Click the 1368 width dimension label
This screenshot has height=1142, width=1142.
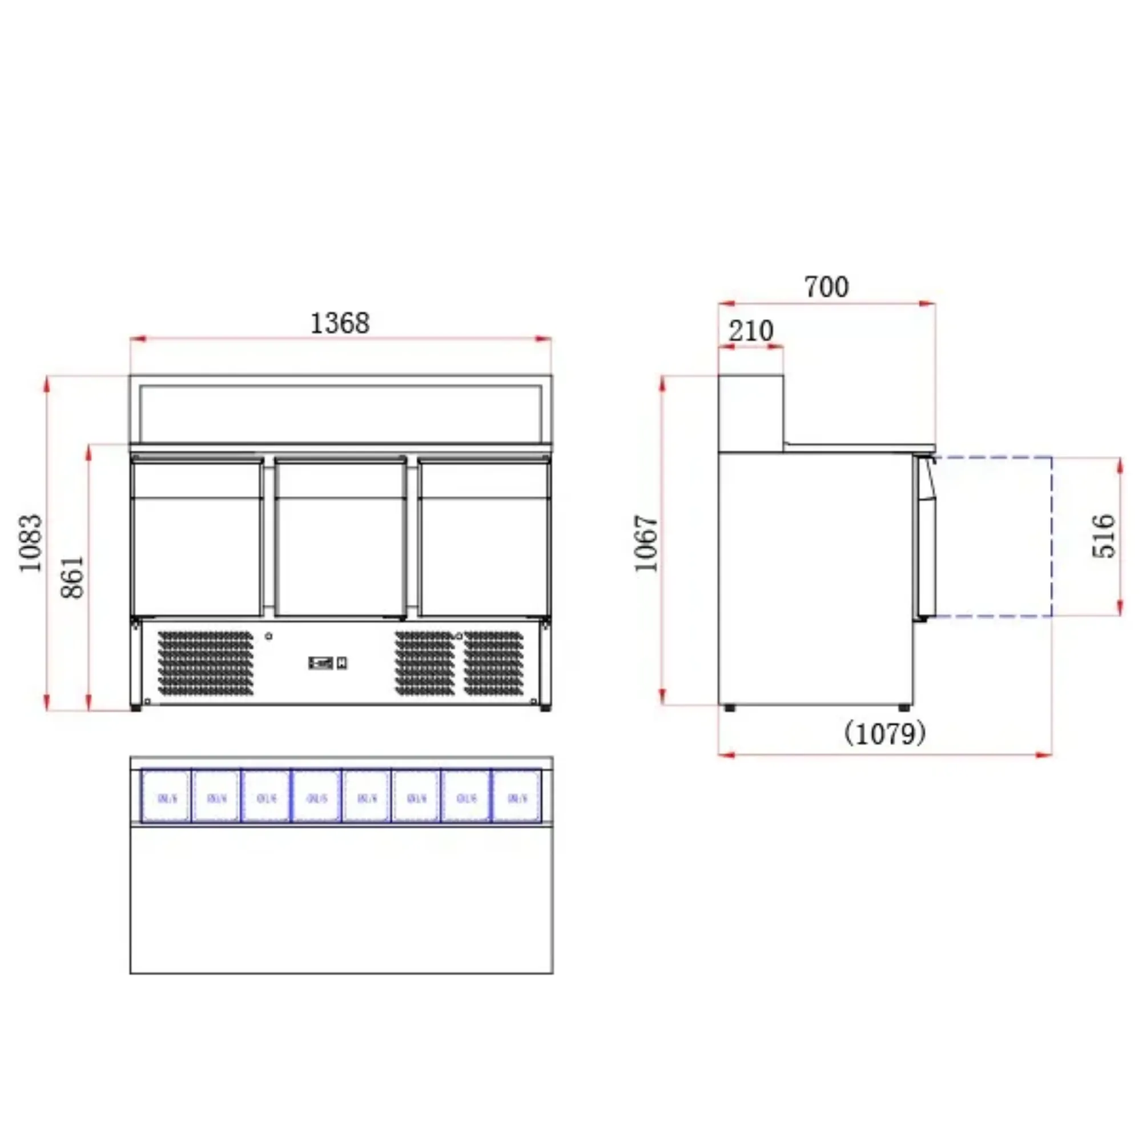click(x=340, y=323)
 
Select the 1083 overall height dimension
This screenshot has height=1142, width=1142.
click(x=31, y=542)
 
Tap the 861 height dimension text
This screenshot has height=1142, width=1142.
click(x=73, y=577)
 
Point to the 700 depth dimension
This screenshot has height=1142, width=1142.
click(x=826, y=287)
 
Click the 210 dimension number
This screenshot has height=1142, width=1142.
click(x=751, y=331)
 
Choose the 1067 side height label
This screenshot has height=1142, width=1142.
click(x=646, y=542)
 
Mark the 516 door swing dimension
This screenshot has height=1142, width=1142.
click(x=1104, y=536)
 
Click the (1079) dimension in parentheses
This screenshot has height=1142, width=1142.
click(x=884, y=734)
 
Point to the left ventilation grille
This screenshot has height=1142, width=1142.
click(x=205, y=662)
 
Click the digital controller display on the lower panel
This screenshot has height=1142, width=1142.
click(x=321, y=663)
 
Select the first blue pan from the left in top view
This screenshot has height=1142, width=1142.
click(x=166, y=796)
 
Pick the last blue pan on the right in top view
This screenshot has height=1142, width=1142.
click(x=517, y=796)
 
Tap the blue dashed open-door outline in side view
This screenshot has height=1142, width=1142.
click(x=1052, y=536)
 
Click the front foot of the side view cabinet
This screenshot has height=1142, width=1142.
click(x=904, y=707)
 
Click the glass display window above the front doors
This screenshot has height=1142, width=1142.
click(x=340, y=413)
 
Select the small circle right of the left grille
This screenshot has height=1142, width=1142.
click(x=269, y=636)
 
